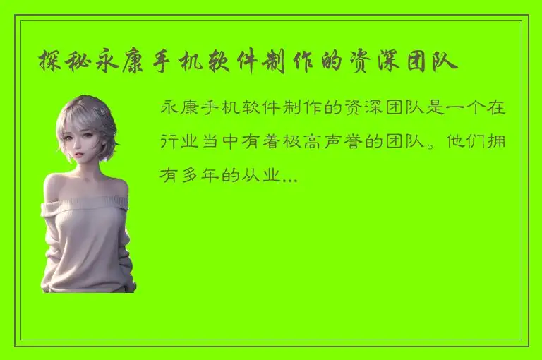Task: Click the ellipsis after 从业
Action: tap(289, 175)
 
